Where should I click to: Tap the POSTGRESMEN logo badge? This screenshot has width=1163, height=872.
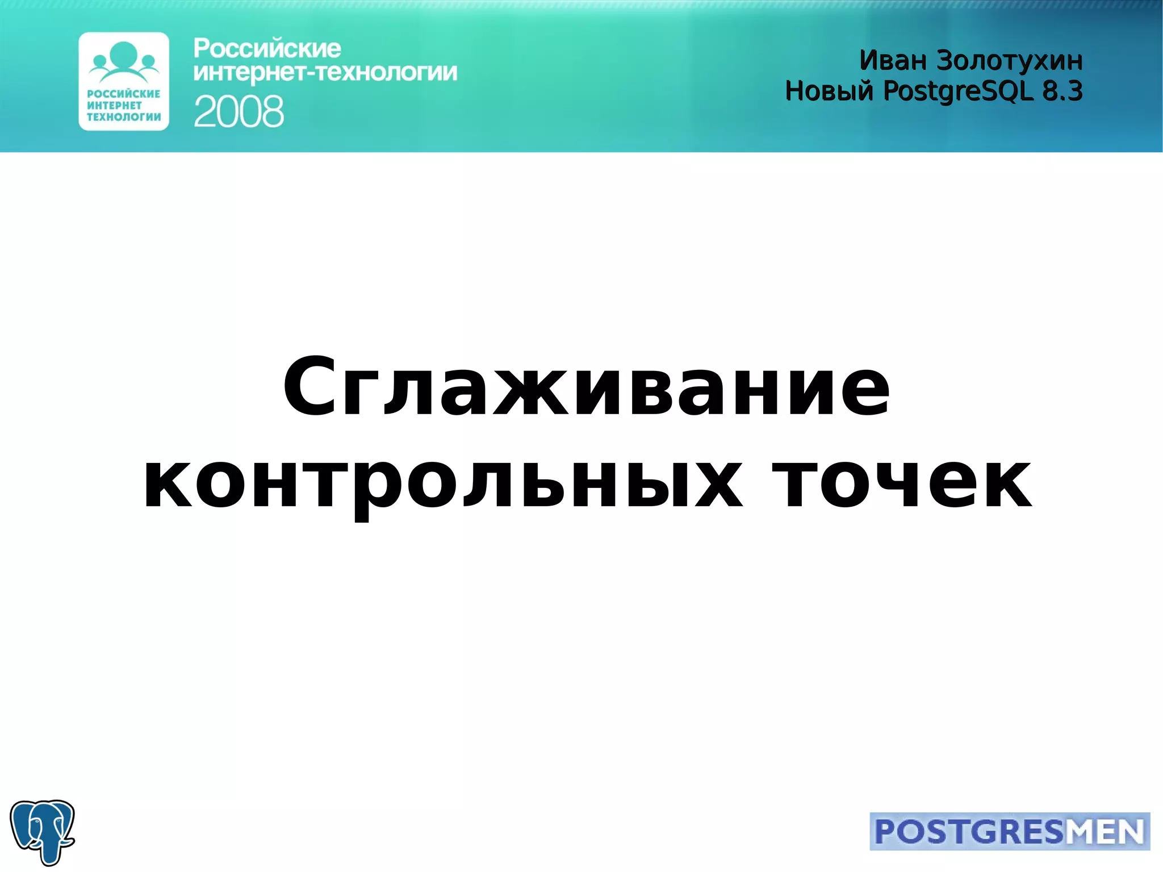pos(1009,831)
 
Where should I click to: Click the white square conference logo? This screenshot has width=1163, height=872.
pos(124,81)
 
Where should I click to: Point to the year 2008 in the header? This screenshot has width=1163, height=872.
pos(239,111)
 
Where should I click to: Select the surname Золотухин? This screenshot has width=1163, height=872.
pos(1009,60)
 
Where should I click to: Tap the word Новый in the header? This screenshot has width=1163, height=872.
pos(829,91)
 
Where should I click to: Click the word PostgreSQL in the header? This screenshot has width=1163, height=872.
pos(958,91)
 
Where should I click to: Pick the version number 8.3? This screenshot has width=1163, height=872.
pos(1062,91)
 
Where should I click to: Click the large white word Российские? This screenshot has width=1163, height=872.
pos(267,49)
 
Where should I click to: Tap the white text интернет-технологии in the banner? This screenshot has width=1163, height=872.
pos(325,73)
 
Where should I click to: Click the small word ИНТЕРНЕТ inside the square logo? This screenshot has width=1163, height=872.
pos(114,106)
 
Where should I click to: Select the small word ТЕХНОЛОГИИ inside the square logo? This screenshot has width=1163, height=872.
pos(124,117)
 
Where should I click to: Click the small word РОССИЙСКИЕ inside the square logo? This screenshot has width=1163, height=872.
pos(124,94)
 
